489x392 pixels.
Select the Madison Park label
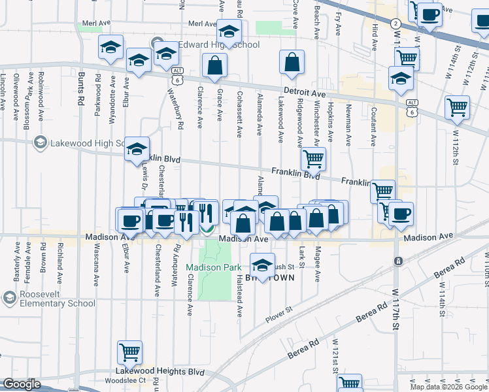tap(213, 267)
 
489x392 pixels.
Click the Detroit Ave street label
tap(305, 93)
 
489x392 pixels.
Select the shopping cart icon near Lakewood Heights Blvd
tap(130, 352)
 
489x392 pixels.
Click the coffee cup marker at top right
tap(430, 14)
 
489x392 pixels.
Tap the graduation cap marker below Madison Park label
tap(263, 265)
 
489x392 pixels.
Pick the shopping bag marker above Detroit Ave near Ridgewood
tap(292, 63)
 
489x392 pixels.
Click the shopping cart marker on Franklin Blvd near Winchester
tap(314, 159)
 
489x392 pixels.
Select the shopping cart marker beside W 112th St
tap(457, 106)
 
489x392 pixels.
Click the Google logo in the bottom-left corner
tap(21, 385)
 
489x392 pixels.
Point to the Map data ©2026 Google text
tap(448, 387)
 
